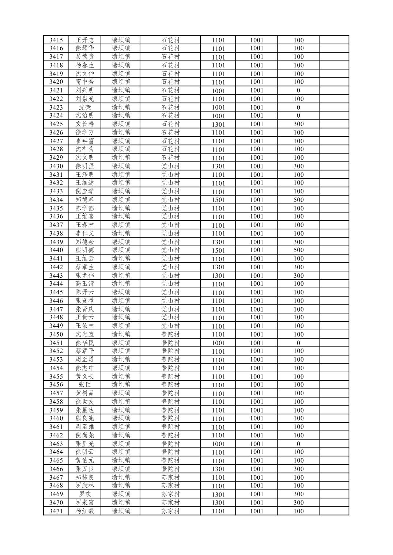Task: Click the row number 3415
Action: (x=56, y=40)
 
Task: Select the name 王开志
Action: (x=84, y=40)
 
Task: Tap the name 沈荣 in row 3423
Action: (x=84, y=107)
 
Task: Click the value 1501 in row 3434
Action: (x=218, y=200)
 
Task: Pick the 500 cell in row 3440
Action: (x=298, y=250)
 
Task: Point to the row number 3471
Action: (x=56, y=511)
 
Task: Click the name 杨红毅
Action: (x=84, y=511)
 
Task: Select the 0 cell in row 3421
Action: (x=298, y=91)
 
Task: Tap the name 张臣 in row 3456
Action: (x=84, y=385)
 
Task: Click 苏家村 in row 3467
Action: (x=171, y=478)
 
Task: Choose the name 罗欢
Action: (x=84, y=494)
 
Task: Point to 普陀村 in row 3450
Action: (x=171, y=334)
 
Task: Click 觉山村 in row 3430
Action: (x=171, y=166)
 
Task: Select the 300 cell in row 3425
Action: (x=298, y=124)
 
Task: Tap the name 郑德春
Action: (x=84, y=200)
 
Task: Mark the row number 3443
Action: (x=56, y=275)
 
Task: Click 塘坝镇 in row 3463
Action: (x=121, y=444)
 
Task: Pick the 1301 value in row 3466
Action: (x=218, y=469)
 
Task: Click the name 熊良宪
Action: (x=84, y=418)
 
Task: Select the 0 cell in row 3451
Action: (x=298, y=343)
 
